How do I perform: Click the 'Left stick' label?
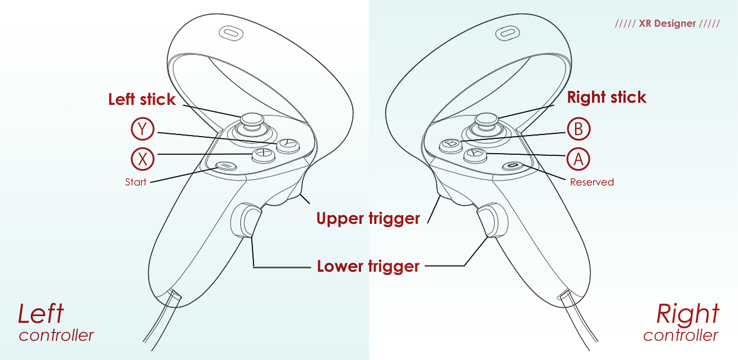tap(142, 99)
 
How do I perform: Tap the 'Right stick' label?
tap(606, 98)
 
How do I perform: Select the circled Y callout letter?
tap(143, 130)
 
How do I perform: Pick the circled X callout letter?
tap(143, 159)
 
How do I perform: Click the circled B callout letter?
tap(578, 130)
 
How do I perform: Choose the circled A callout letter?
tap(578, 159)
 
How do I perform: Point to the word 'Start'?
tap(136, 182)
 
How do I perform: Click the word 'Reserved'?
tap(591, 182)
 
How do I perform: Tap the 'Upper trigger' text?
tap(368, 218)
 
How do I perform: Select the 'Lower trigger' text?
tap(368, 267)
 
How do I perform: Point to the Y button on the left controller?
tap(288, 145)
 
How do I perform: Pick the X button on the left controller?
tap(263, 155)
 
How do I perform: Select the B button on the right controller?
tap(450, 144)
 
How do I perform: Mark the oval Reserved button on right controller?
tap(513, 165)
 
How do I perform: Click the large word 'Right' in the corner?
tap(688, 314)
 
